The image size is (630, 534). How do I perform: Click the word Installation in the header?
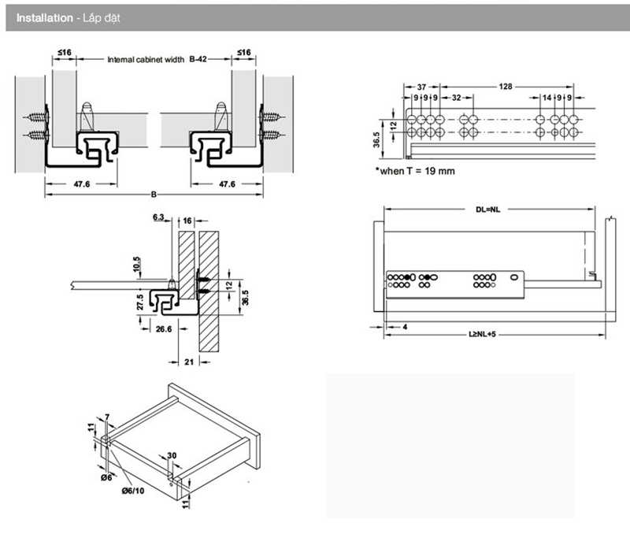[42, 17]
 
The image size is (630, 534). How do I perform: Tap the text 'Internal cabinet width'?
[146, 60]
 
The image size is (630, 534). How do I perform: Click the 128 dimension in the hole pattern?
[506, 85]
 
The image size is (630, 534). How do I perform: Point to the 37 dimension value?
[421, 85]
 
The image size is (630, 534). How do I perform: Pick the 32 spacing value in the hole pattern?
[457, 98]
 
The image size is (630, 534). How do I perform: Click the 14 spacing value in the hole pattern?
[547, 98]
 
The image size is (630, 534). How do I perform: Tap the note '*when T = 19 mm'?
[414, 170]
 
